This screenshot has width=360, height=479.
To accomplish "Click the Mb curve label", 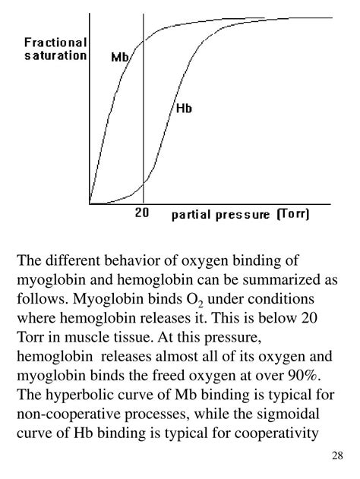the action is [122, 58].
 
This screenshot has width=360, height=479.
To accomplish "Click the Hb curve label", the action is [184, 109].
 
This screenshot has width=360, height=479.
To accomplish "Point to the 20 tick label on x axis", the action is [143, 213].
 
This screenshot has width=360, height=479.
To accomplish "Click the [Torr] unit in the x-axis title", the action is [293, 215].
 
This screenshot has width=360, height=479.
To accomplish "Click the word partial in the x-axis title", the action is [190, 215].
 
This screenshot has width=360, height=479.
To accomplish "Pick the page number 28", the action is [338, 455].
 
